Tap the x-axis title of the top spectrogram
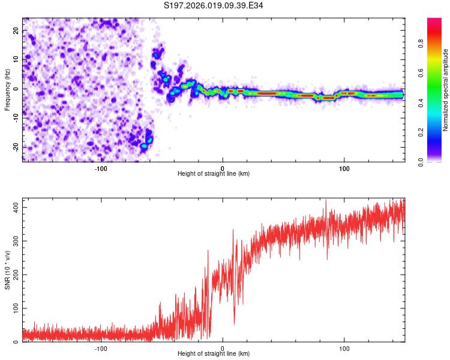pyautogui.click(x=214, y=173)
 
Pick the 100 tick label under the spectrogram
pyautogui.click(x=344, y=169)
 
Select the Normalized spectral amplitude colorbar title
pyautogui.click(x=446, y=90)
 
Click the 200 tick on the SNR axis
pyautogui.click(x=16, y=274)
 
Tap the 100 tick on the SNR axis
pyautogui.click(x=16, y=308)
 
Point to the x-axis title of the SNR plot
pyautogui.click(x=214, y=353)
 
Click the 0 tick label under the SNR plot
pyautogui.click(x=223, y=349)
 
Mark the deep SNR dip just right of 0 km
pyautogui.click(x=234, y=323)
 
